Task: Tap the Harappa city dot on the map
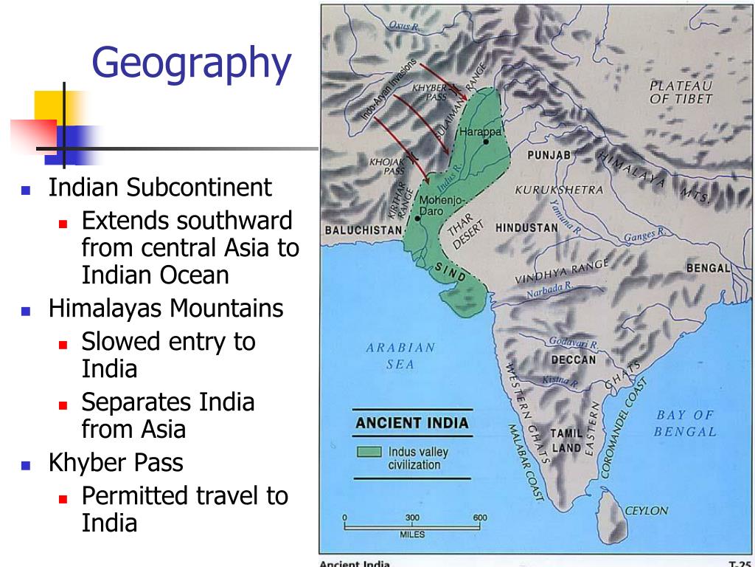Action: point(486,141)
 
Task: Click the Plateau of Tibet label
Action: point(681,92)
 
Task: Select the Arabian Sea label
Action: point(400,355)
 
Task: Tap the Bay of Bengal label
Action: point(684,423)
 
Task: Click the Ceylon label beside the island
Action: point(646,510)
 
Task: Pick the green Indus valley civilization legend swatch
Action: point(369,451)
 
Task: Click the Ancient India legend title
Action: point(411,423)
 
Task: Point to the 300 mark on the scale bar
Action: point(412,518)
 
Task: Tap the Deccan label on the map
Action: point(573,360)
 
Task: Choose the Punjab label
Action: point(549,156)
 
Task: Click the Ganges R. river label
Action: point(644,236)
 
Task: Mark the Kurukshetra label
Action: point(559,190)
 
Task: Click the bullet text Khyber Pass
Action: point(116,463)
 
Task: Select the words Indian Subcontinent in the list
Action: point(160,188)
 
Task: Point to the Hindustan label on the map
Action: point(526,227)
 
